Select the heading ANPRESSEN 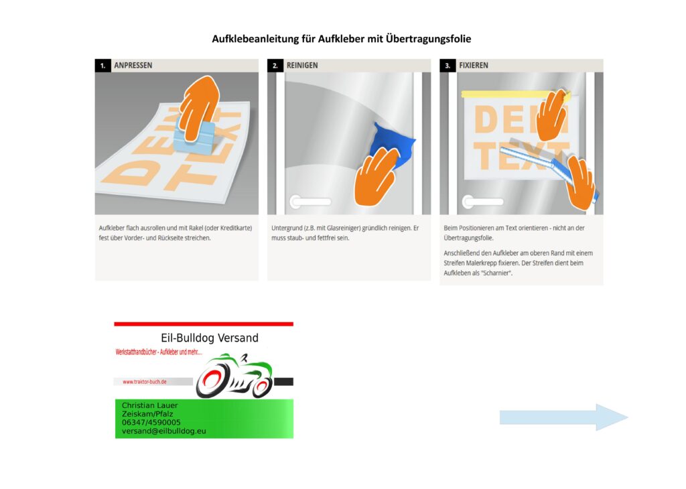pyautogui.click(x=133, y=66)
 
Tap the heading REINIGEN pyautogui.click(x=302, y=66)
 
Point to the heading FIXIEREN pyautogui.click(x=474, y=66)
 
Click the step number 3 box pyautogui.click(x=448, y=66)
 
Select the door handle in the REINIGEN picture pyautogui.click(x=310, y=201)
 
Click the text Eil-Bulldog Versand pyautogui.click(x=210, y=338)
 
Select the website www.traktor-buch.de pyautogui.click(x=144, y=382)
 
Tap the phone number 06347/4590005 pyautogui.click(x=151, y=423)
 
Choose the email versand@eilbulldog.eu pyautogui.click(x=164, y=431)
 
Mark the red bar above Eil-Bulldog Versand pyautogui.click(x=204, y=324)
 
